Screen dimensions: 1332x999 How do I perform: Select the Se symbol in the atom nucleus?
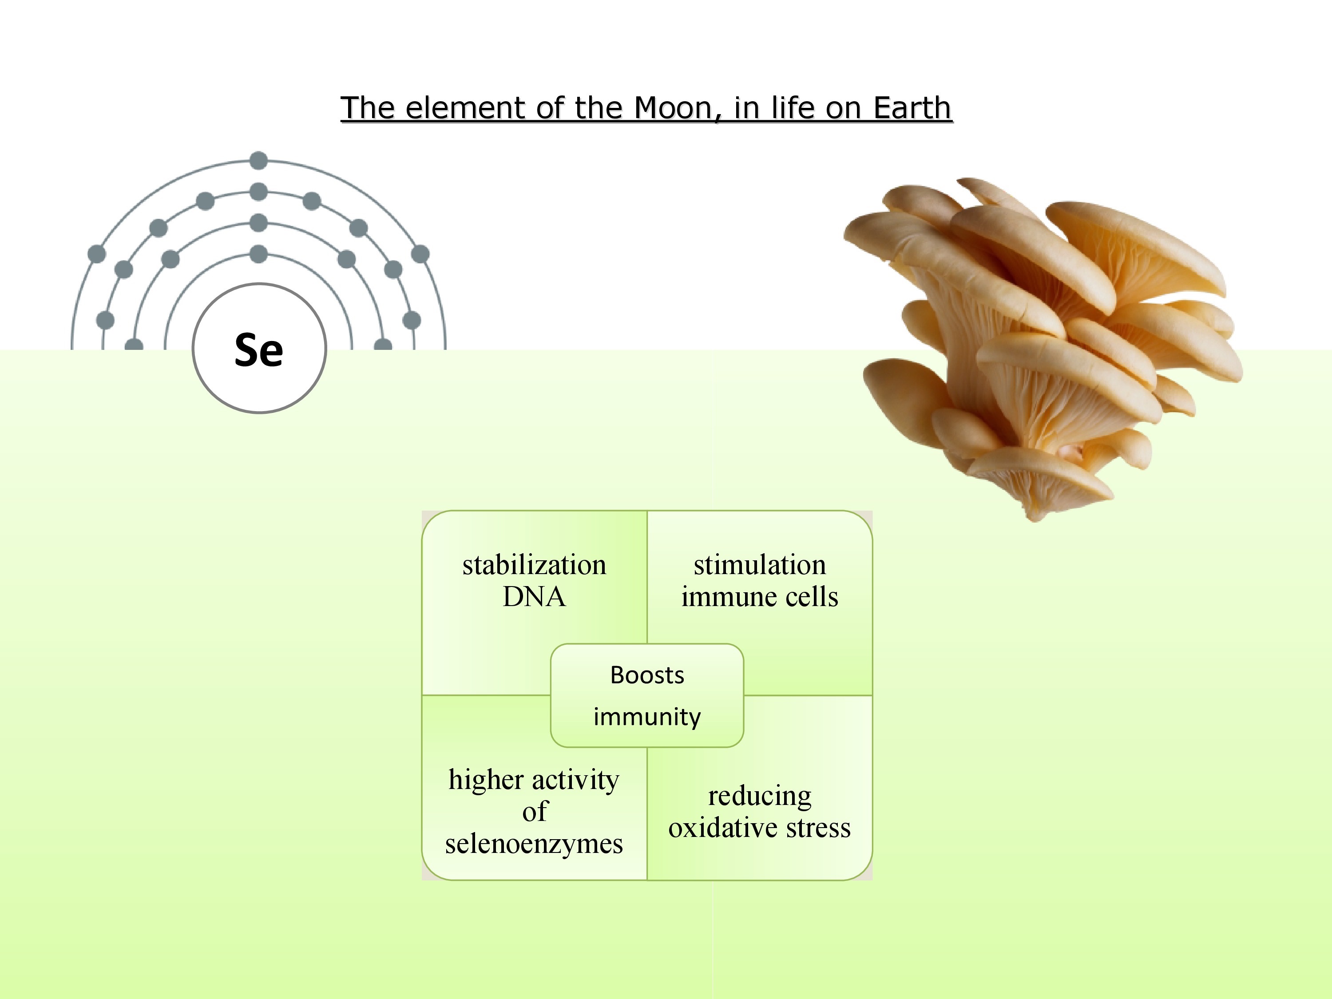[x=259, y=349]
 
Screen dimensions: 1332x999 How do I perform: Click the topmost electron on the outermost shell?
[x=258, y=161]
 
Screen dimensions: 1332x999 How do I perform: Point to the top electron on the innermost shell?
[x=258, y=254]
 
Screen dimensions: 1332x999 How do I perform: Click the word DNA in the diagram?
[x=534, y=597]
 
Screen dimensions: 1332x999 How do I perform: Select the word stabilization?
[x=534, y=565]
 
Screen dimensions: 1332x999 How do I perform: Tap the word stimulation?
[x=760, y=565]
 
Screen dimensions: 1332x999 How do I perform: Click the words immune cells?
[x=760, y=597]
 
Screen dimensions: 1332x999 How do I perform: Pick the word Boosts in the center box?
[x=647, y=675]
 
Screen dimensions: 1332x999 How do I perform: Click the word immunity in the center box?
[x=647, y=717]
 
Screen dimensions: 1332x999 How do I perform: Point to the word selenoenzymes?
[x=534, y=844]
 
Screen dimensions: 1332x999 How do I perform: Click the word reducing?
[x=760, y=797]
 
